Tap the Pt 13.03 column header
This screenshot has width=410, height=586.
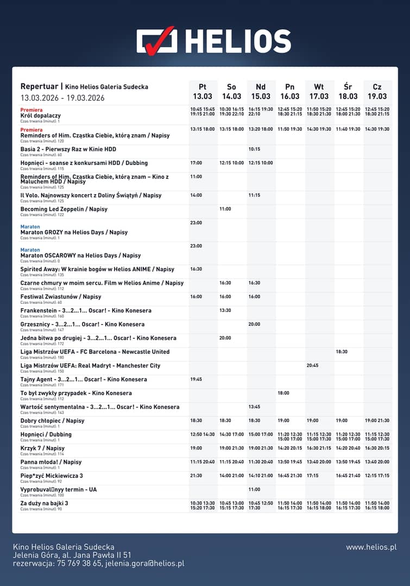click(x=202, y=91)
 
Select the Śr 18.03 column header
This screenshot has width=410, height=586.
click(x=348, y=91)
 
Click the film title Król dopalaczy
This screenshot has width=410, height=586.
click(x=41, y=116)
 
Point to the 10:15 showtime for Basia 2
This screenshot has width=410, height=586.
click(x=255, y=149)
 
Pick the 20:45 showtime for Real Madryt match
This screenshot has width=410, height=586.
click(x=312, y=366)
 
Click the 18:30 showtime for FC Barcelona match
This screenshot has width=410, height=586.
click(x=342, y=352)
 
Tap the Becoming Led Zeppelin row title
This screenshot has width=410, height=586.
click(x=64, y=209)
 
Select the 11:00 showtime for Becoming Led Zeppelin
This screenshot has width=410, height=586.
click(x=225, y=209)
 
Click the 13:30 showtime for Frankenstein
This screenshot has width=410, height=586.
click(x=225, y=310)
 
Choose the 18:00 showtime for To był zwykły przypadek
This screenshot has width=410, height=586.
click(x=283, y=393)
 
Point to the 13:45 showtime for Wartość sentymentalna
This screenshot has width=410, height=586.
click(x=255, y=407)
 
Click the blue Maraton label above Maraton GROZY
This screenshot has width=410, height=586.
click(x=30, y=226)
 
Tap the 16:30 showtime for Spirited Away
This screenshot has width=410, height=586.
click(x=196, y=269)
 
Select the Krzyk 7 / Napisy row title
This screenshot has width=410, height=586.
click(x=42, y=448)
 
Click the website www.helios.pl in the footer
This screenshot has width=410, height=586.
click(x=371, y=547)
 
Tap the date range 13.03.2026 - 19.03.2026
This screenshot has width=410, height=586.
click(x=62, y=98)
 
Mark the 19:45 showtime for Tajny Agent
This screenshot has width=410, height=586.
click(x=196, y=379)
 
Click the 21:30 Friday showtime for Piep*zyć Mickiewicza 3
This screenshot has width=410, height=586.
click(x=196, y=476)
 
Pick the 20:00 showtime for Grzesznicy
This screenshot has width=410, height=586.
click(x=255, y=324)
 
